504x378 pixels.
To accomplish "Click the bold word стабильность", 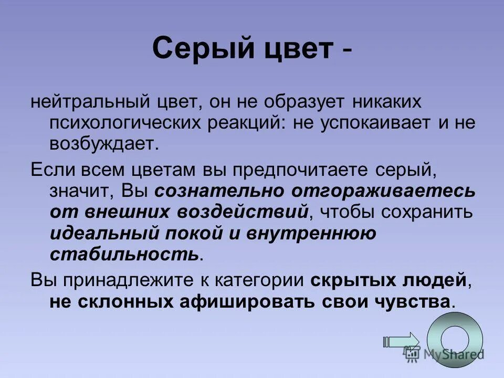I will [x=124, y=254].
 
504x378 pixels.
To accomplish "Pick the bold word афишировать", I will [x=280, y=301].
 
